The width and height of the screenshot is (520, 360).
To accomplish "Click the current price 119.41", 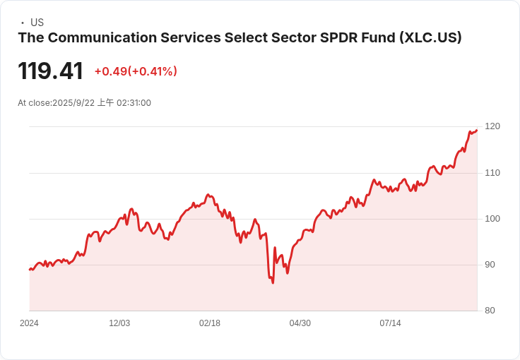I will (x=50, y=71).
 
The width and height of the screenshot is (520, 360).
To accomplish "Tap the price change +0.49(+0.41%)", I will (x=136, y=71).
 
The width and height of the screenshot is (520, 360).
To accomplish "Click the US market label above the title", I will (x=37, y=23).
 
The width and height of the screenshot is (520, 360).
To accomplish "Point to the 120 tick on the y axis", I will (x=492, y=126).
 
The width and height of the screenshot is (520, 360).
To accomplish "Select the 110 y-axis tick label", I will (x=492, y=173).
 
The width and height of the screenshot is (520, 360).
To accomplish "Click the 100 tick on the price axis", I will (x=492, y=219).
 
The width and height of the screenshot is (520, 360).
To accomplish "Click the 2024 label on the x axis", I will (x=29, y=323).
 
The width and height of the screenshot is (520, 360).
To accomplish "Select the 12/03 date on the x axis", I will (x=119, y=323).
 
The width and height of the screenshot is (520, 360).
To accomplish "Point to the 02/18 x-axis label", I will (x=210, y=323).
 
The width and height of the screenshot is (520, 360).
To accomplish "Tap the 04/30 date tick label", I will (x=300, y=323).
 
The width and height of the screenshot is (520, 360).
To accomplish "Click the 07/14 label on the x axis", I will (x=391, y=323).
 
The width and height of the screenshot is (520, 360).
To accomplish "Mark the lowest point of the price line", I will (x=273, y=283).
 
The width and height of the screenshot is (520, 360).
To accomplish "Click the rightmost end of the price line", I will (x=477, y=130).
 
